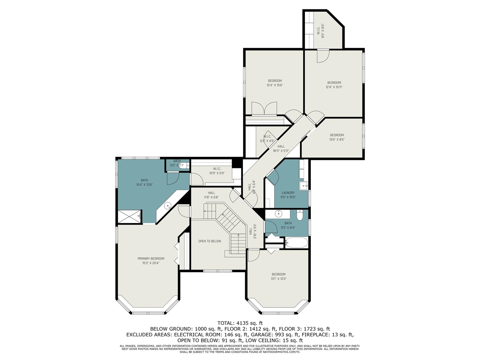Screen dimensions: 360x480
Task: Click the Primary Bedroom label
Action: [151, 258]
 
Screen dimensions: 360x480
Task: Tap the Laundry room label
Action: [288, 193]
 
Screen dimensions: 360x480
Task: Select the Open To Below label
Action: [210, 241]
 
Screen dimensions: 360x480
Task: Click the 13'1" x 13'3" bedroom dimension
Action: [279, 279]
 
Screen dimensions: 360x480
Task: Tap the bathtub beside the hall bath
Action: [296, 243]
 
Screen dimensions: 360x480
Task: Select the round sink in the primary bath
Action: [168, 205]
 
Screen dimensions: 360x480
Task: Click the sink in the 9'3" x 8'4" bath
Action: [278, 214]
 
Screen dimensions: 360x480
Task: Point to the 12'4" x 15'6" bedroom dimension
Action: [274, 85]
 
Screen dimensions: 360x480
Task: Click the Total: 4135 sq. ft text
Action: [240, 323]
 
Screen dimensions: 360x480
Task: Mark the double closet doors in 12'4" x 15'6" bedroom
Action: [264, 108]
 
